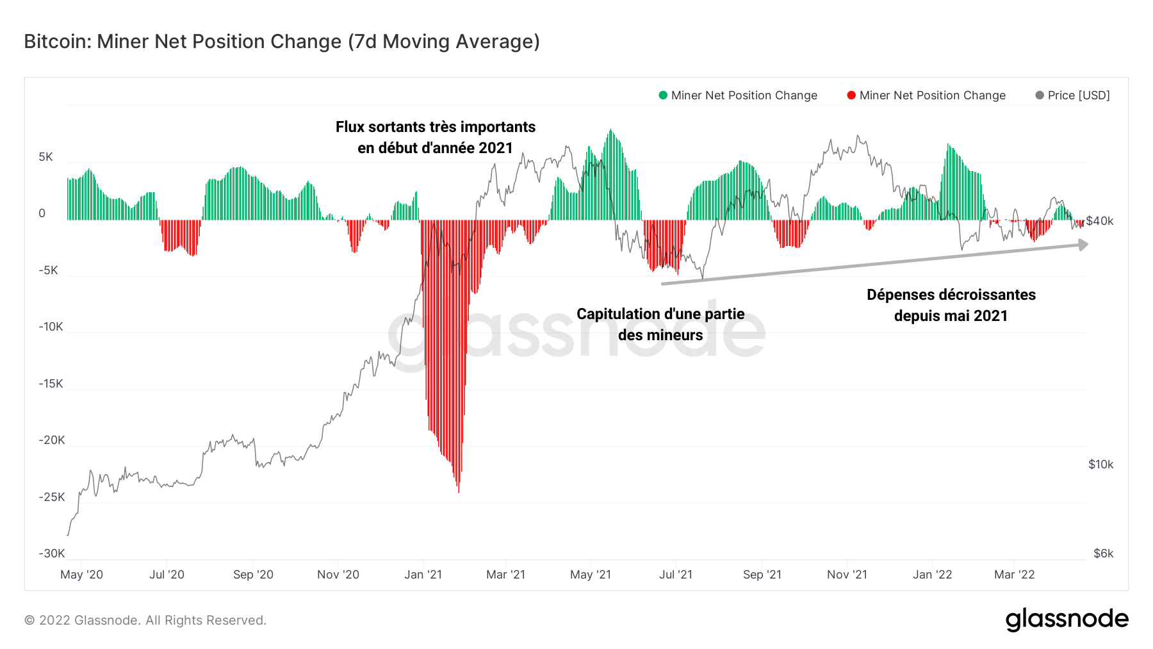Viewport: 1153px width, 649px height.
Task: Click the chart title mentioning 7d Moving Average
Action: point(282,42)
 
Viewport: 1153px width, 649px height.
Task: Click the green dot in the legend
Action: point(663,95)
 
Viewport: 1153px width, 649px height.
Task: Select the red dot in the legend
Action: point(851,95)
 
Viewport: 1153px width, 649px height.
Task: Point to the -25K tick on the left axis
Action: point(51,497)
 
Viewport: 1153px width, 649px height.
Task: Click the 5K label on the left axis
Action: point(46,157)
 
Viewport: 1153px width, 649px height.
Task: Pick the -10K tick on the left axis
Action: point(51,327)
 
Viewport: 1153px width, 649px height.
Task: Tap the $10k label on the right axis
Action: point(1100,464)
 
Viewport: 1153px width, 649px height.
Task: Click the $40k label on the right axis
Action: point(1100,221)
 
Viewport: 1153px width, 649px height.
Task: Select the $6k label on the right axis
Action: point(1103,554)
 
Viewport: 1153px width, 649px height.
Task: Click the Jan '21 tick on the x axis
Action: point(423,575)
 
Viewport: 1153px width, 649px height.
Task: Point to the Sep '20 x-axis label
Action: point(253,575)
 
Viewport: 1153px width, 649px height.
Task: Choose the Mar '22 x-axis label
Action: point(1014,575)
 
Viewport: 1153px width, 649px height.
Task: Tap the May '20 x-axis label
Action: point(81,575)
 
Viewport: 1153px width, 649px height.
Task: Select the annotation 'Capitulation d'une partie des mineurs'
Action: point(660,324)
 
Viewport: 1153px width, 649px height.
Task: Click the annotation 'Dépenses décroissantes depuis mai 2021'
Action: point(951,305)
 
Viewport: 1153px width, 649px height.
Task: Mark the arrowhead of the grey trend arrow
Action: point(1083,245)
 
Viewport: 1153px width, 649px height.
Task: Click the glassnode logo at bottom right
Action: point(1067,620)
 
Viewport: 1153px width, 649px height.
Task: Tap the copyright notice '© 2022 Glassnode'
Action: point(145,620)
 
